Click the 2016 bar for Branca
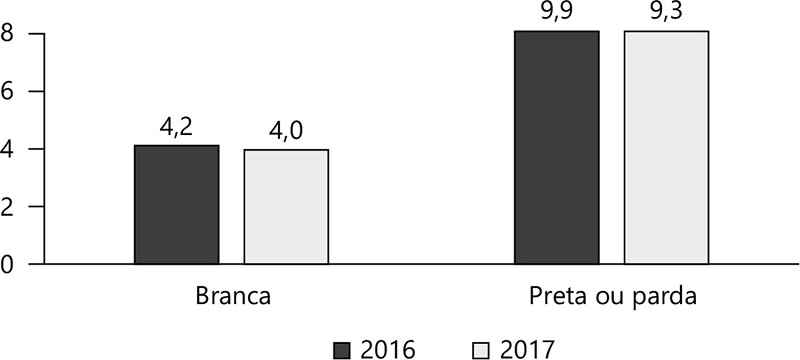176,205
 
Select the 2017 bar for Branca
286,207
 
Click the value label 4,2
176,128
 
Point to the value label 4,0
286,132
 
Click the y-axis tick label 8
9,34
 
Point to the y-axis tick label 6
9,92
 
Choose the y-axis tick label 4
9,149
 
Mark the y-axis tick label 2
9,207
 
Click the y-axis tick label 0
9,265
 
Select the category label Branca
231,298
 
